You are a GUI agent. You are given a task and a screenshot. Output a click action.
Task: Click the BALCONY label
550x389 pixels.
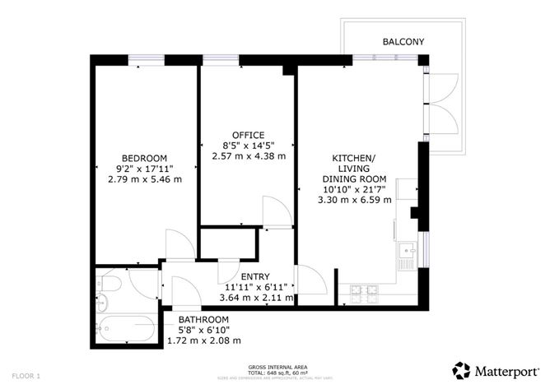pos(403,42)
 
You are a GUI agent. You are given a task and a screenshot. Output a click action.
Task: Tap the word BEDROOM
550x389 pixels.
pos(145,159)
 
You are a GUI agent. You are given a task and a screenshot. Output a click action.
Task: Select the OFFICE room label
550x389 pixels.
pos(248,136)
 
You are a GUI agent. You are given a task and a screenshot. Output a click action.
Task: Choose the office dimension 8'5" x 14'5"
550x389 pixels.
pos(248,146)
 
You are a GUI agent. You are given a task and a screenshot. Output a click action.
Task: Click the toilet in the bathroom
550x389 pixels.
pos(109,285)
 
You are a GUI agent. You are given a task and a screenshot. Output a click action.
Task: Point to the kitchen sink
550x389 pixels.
pos(406,250)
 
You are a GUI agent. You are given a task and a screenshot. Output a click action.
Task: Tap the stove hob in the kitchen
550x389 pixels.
pos(364,290)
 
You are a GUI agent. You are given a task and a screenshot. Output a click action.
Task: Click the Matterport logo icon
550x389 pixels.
pos(462,369)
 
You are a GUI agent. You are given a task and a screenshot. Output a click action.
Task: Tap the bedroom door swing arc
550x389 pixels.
pos(179,245)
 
